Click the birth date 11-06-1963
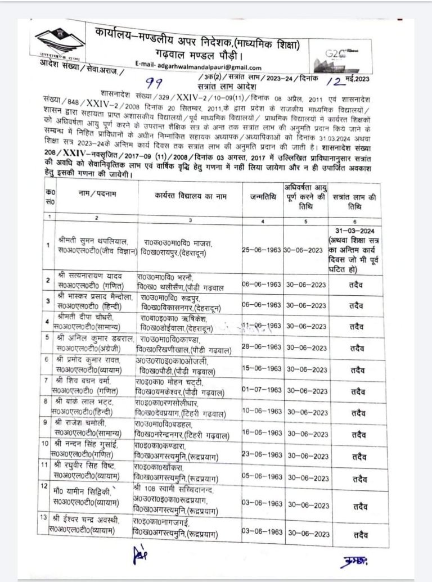click(262, 326)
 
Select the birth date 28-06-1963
click(262, 348)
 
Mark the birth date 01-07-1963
click(262, 390)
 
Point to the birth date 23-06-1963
click(262, 455)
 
